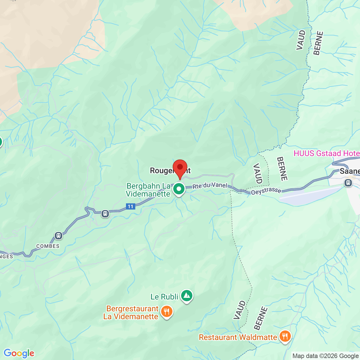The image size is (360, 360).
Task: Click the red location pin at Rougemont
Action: [180, 168]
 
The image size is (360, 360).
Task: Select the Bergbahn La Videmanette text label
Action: [148, 190]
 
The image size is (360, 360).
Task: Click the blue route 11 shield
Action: [130, 206]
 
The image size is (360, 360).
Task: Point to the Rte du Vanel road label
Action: [210, 186]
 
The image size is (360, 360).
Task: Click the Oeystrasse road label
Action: [266, 191]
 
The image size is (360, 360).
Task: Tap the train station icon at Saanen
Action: [348, 183]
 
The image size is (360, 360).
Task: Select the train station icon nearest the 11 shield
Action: [105, 214]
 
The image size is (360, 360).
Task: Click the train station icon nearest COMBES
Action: [58, 235]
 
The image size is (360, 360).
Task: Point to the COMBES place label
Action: [48, 246]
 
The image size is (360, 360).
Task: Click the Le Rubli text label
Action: [164, 297]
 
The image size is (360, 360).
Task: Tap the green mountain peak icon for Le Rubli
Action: [186, 296]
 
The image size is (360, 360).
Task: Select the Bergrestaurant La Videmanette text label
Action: [131, 312]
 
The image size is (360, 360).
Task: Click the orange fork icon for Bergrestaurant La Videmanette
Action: [167, 312]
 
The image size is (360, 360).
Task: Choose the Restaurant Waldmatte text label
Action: [238, 337]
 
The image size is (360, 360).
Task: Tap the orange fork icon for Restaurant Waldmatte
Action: [285, 336]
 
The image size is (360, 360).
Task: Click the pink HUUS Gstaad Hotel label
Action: [327, 153]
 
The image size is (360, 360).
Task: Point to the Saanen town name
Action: [350, 171]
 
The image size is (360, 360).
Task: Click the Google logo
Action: [19, 353]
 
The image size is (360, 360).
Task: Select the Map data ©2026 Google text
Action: [326, 356]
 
